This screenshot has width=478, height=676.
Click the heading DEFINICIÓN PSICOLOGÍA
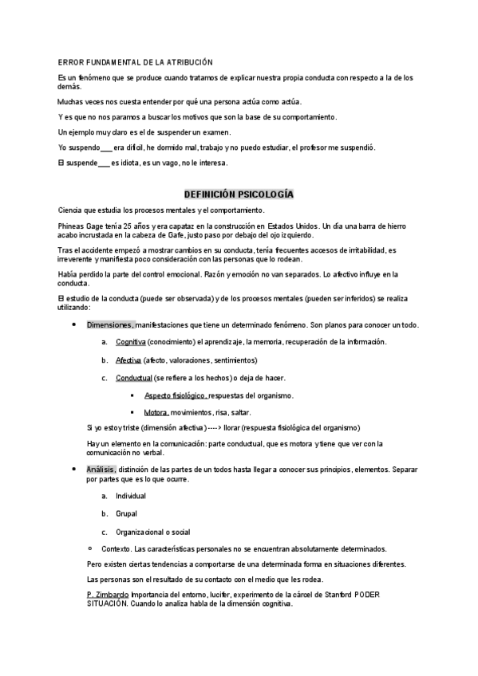click(x=239, y=194)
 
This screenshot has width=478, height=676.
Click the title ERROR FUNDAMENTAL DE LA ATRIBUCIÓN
click(x=136, y=62)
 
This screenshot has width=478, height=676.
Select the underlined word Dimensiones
click(x=109, y=325)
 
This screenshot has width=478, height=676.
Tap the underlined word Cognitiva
click(x=130, y=342)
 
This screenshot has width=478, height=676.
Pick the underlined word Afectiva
click(x=128, y=360)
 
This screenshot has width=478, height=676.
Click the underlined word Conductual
click(x=133, y=377)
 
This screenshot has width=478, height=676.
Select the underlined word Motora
click(x=156, y=412)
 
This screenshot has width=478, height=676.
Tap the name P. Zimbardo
click(x=107, y=595)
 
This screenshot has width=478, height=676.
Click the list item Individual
click(x=131, y=496)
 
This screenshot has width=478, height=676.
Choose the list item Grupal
click(x=126, y=514)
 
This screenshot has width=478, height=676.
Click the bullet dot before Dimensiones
click(x=74, y=324)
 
